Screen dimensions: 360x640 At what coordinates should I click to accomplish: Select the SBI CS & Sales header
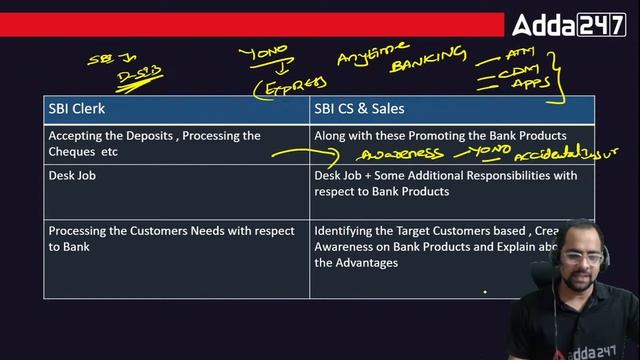pyautogui.click(x=359, y=109)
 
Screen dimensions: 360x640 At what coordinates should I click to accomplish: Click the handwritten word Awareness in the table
pyautogui.click(x=401, y=154)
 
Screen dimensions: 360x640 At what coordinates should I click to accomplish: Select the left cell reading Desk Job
pyautogui.click(x=73, y=176)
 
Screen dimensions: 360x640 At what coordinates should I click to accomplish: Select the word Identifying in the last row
pyautogui.click(x=346, y=231)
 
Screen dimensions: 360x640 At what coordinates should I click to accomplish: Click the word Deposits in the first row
pyautogui.click(x=146, y=135)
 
